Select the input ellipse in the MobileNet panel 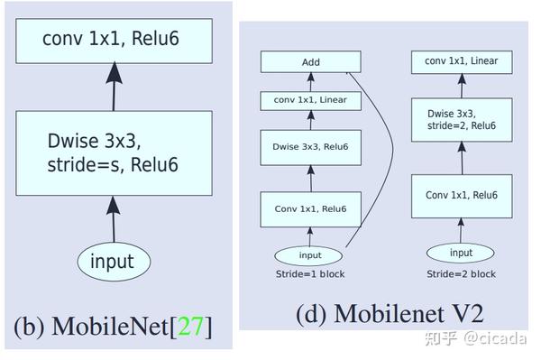[113, 262]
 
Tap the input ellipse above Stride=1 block [309, 255]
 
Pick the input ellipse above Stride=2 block [460, 253]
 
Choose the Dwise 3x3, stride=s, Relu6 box [113, 153]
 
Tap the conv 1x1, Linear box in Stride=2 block [461, 61]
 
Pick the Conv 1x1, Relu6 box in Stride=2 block [461, 195]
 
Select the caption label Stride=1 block [310, 273]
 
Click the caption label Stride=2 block [461, 273]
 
